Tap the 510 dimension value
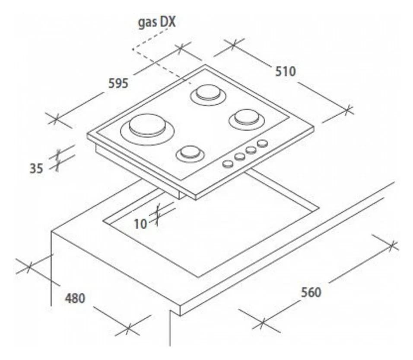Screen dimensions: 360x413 tap(286, 71)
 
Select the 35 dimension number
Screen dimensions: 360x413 tap(37, 168)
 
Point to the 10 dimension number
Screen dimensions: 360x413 tap(140, 224)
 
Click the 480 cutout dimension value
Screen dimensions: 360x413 tap(75, 298)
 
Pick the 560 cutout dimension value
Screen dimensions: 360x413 tap(311, 292)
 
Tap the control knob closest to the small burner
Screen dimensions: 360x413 tap(227, 164)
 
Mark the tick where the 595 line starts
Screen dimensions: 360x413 tap(55, 118)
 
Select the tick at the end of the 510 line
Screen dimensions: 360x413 tap(348, 109)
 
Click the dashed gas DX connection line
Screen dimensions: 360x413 tap(160, 65)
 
